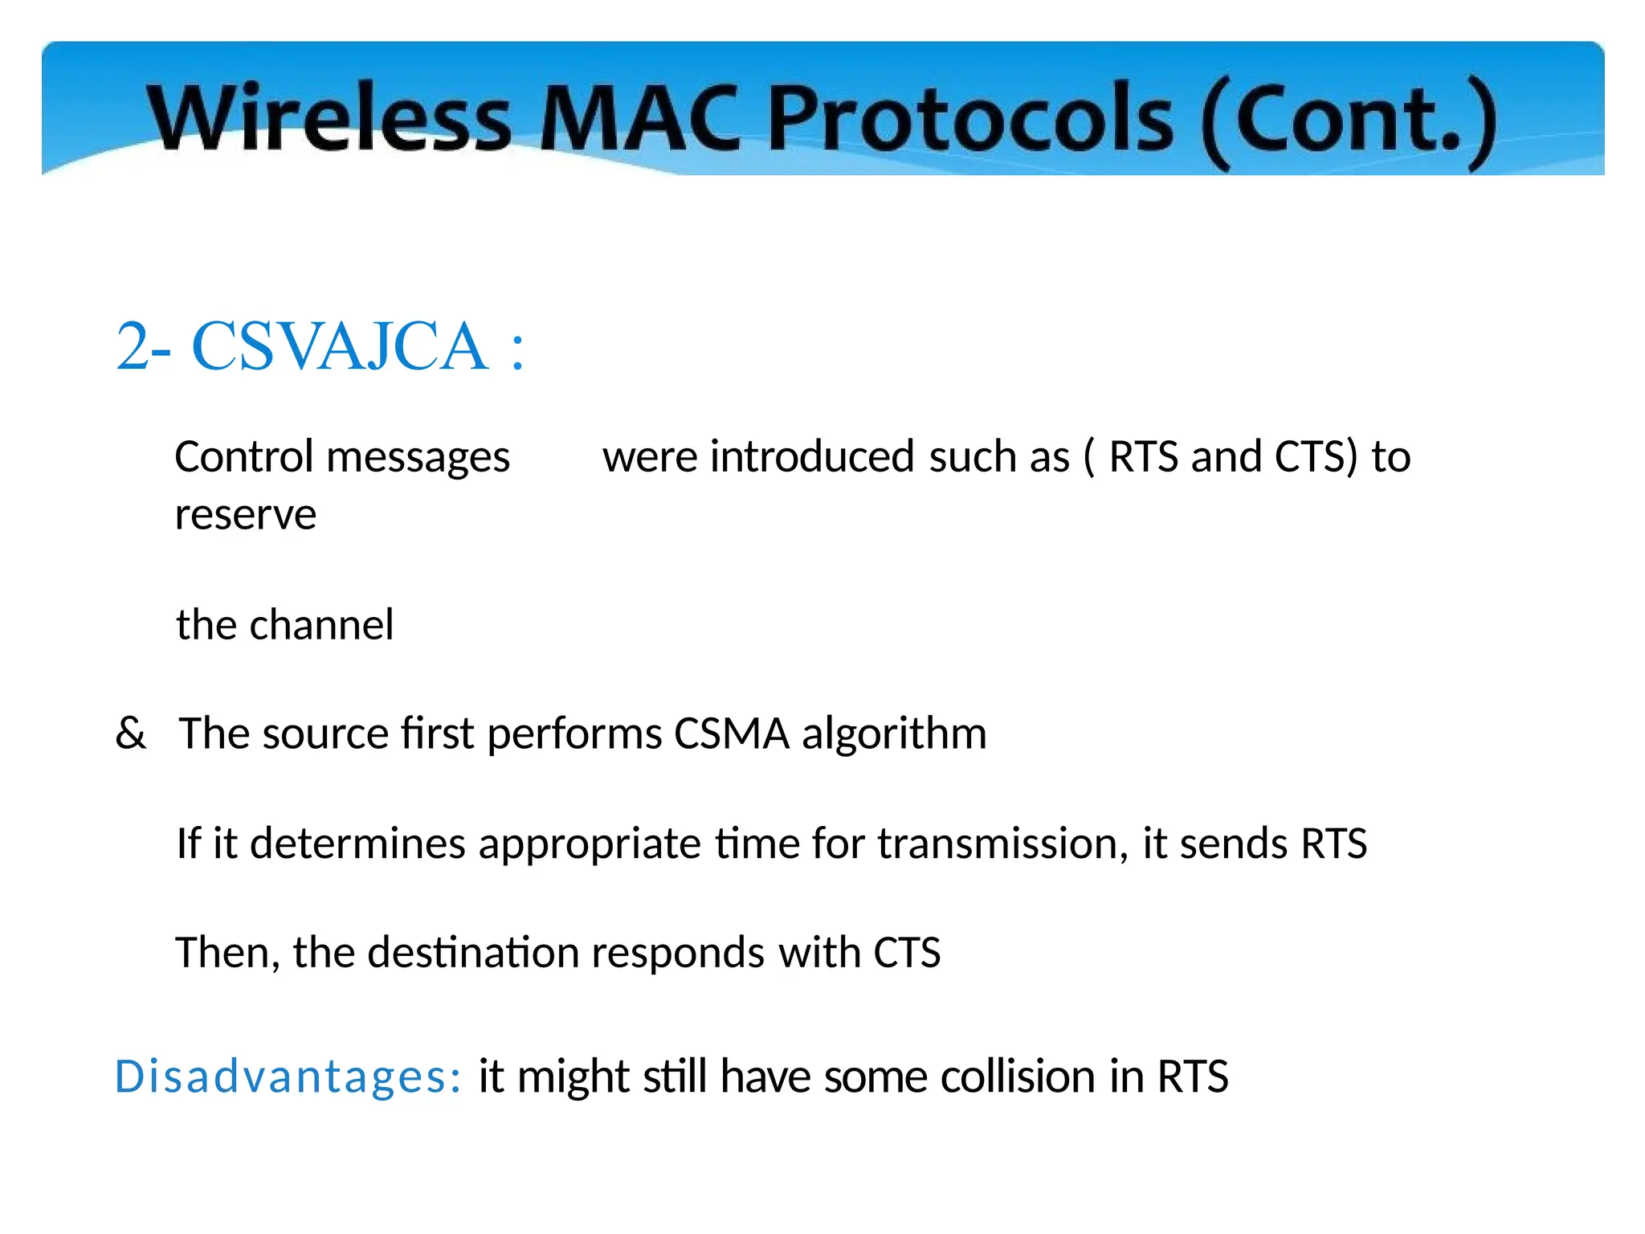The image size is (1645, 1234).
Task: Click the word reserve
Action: point(246,515)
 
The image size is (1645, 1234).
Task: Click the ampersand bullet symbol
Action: point(131,733)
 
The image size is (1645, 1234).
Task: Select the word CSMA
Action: point(731,733)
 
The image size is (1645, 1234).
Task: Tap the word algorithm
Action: point(894,733)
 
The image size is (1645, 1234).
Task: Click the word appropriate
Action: point(590,844)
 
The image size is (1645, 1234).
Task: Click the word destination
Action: point(473,953)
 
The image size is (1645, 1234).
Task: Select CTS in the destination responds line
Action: point(907,953)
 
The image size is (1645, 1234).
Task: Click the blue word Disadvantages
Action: point(288,1077)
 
